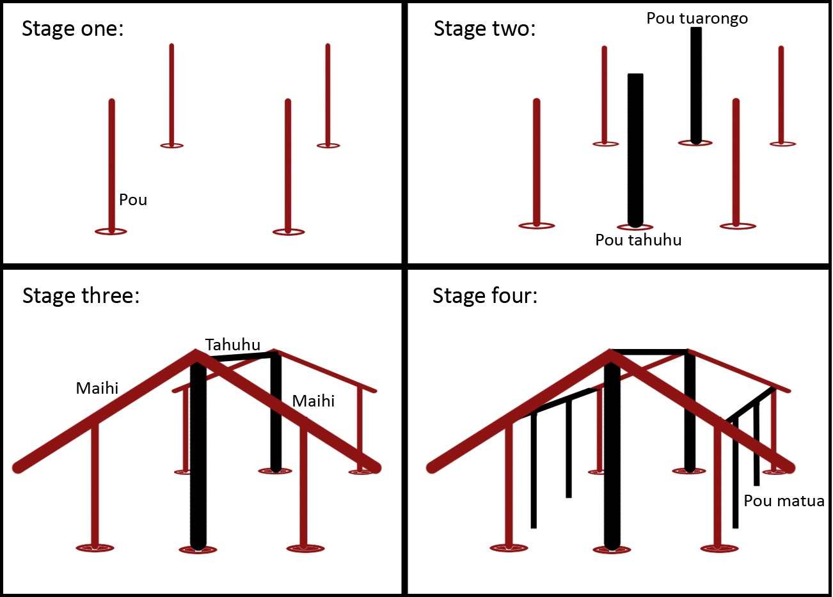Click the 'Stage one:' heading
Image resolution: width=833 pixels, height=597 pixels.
(x=72, y=29)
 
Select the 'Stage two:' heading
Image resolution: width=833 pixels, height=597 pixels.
(x=484, y=29)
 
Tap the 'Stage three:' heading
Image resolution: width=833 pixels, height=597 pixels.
(x=81, y=296)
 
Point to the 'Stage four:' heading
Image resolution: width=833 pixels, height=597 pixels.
(x=485, y=296)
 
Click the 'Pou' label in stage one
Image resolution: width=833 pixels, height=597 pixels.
(x=133, y=200)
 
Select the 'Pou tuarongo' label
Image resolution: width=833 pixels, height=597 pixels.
(x=697, y=19)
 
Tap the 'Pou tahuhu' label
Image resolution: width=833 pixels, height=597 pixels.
(x=638, y=240)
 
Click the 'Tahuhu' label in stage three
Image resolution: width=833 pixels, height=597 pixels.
(x=233, y=345)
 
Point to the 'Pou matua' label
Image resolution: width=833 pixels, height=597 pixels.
(x=784, y=501)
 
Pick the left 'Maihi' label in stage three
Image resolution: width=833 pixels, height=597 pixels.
(x=97, y=388)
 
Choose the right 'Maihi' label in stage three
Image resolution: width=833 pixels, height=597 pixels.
(x=313, y=401)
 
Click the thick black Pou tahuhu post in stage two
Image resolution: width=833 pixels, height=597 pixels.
(x=635, y=150)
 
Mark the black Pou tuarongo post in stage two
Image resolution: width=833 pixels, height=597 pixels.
(x=696, y=86)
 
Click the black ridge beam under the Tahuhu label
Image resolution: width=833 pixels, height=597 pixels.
(x=244, y=357)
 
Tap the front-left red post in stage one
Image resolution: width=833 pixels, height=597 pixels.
(x=111, y=166)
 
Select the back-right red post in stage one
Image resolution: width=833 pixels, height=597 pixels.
(x=328, y=95)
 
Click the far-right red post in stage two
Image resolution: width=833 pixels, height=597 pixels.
(x=781, y=95)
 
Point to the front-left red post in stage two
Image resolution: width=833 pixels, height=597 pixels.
(x=536, y=162)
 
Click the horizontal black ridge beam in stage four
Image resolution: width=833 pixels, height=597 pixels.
(x=649, y=352)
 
